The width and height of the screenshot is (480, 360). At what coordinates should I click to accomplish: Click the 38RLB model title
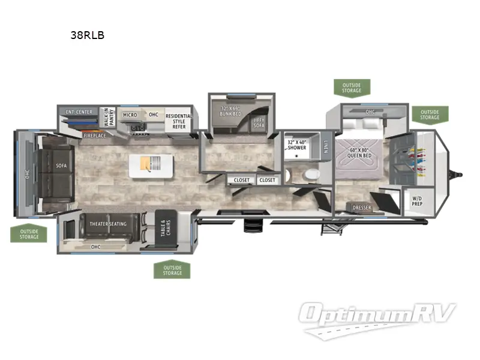[x=88, y=35]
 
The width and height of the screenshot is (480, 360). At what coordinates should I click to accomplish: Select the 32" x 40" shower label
[x=296, y=144]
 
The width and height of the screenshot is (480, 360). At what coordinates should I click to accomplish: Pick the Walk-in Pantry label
[x=109, y=116]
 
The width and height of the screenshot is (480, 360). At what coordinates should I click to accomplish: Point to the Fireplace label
[x=95, y=136]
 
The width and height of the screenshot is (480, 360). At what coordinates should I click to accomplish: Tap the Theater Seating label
[x=108, y=224]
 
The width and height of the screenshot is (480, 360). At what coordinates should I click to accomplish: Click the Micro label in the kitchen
[x=130, y=115]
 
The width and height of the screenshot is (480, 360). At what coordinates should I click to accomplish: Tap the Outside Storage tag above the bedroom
[x=352, y=88]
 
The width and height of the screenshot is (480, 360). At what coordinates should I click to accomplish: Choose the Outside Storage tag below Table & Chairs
[x=172, y=271]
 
